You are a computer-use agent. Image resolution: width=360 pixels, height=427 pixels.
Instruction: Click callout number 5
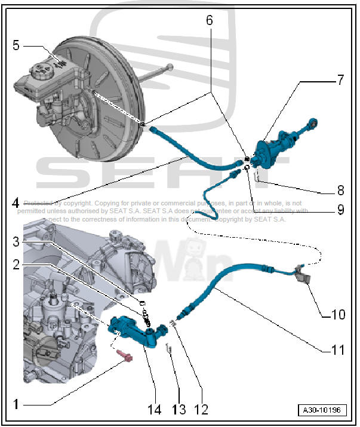point(16,45)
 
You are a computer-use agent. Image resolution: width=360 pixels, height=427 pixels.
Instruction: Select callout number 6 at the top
point(210,20)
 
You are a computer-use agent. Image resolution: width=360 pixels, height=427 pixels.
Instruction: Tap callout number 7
point(340,81)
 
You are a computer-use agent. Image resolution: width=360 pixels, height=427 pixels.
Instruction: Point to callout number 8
point(340,191)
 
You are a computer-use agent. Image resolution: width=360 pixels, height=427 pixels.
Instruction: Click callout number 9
point(340,210)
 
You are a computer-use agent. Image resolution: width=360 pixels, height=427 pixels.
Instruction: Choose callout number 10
point(339,314)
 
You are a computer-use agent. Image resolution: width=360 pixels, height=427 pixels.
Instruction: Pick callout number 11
point(339,351)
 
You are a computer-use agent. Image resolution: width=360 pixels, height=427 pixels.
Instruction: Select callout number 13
point(179,410)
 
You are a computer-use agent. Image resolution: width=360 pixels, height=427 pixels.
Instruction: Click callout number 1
point(16,404)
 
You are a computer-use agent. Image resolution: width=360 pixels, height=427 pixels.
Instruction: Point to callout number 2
point(16,263)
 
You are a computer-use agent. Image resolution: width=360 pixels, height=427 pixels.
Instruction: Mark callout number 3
point(16,241)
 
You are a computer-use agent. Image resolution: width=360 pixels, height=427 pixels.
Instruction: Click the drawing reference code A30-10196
point(322,411)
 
